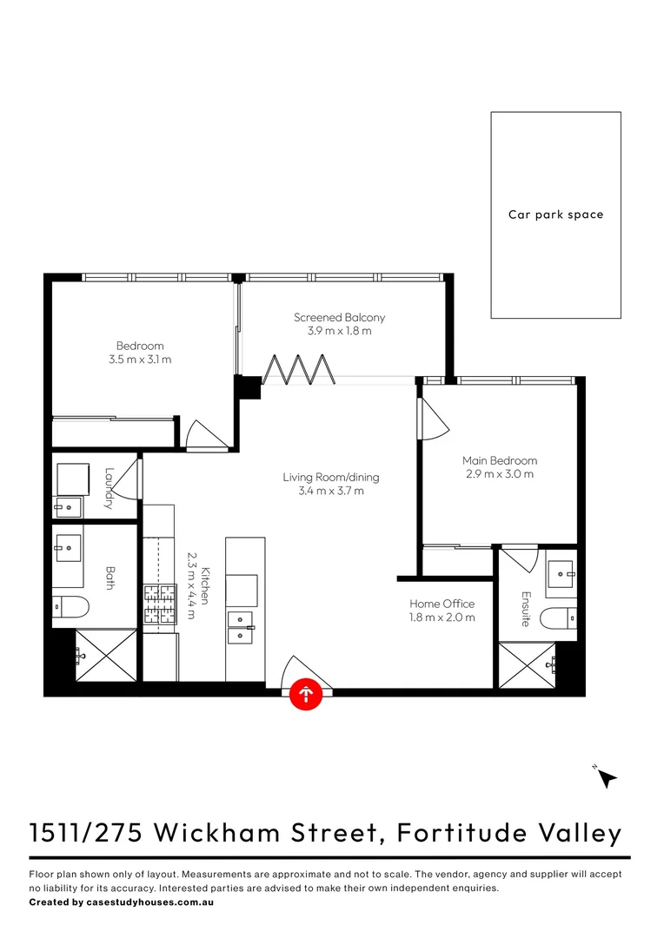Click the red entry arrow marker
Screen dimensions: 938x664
305,693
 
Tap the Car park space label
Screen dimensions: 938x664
555,215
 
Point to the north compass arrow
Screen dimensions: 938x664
607,778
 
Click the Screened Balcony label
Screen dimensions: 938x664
339,318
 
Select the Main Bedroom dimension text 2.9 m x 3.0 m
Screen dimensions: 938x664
500,474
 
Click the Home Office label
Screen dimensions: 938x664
442,604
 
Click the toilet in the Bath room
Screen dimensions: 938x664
69,605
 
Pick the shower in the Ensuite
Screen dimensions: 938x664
528,665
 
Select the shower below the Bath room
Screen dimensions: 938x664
106,656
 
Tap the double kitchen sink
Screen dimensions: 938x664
241,627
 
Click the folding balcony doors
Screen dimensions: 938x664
298,369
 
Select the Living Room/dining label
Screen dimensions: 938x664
330,477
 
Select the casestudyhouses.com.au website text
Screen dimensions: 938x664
150,902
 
